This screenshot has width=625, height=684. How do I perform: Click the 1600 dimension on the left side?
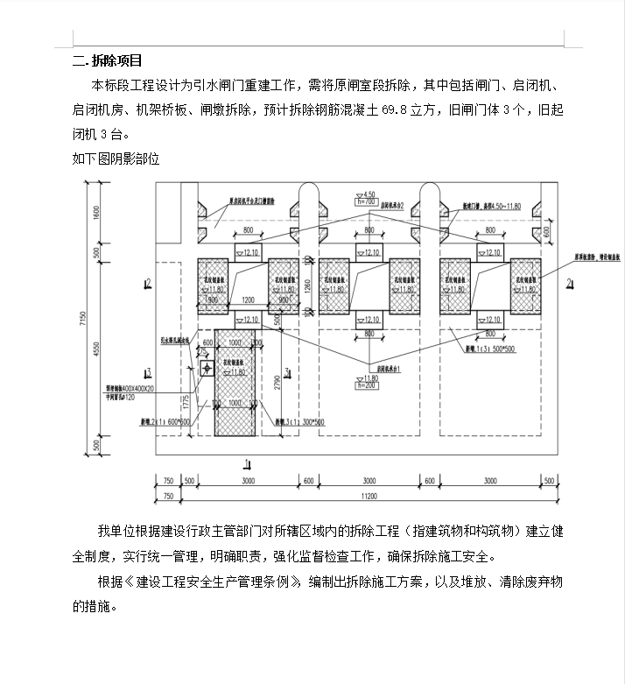tap(97, 212)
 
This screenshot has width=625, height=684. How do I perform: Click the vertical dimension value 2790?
tap(277, 381)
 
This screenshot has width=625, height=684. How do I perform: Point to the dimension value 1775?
tap(186, 402)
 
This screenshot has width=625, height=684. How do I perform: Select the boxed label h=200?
tap(367, 384)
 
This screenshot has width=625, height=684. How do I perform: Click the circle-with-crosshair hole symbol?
tap(205, 370)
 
